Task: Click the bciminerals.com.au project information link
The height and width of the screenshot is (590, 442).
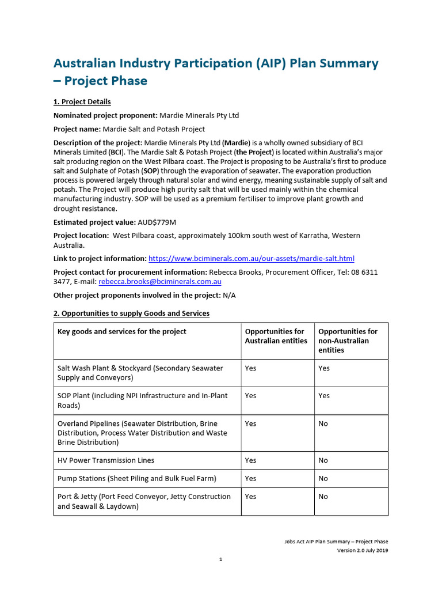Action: click(251, 259)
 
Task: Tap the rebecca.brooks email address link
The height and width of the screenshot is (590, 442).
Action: click(160, 282)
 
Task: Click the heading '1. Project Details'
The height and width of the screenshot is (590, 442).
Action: click(82, 102)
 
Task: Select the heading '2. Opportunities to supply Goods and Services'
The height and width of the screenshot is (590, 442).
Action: click(131, 313)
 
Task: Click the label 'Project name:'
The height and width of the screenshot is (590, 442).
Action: click(78, 129)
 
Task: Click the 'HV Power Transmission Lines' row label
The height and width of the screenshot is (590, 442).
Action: click(106, 460)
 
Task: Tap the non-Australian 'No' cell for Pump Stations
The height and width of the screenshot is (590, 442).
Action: click(323, 478)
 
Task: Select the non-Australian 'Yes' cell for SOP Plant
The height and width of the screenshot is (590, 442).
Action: click(325, 396)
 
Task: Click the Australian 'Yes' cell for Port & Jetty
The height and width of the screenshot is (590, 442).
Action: click(251, 497)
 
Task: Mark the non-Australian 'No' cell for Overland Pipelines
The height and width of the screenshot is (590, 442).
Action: click(323, 423)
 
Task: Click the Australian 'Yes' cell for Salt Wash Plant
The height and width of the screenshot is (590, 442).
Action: click(251, 368)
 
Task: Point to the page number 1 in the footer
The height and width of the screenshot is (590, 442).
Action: click(220, 559)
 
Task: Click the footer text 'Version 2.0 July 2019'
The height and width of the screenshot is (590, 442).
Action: click(363, 550)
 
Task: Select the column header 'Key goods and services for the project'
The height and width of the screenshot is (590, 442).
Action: click(122, 331)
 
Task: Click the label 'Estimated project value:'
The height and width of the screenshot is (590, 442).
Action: click(94, 222)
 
